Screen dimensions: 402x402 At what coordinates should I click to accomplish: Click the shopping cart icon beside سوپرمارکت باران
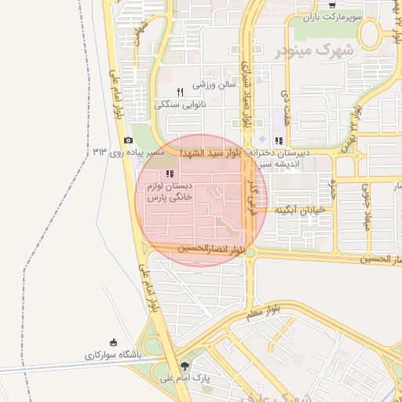pos(333,5)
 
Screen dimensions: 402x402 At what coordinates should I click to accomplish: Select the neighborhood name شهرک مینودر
pos(316,51)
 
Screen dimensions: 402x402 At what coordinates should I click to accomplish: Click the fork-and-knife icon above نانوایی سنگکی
pos(180,92)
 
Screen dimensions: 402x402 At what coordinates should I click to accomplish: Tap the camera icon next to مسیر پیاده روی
pos(129,140)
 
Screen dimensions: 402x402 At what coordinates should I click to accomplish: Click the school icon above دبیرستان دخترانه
pos(279,141)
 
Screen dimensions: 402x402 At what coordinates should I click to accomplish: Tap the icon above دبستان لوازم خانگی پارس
pos(169,174)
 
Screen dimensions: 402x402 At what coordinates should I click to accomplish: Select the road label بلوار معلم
pos(263,314)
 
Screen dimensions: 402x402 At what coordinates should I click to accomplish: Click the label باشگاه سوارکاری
pos(114,355)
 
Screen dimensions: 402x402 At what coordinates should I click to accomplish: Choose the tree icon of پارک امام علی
pos(185,366)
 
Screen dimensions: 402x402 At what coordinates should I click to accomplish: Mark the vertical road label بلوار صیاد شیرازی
pos(245,94)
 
